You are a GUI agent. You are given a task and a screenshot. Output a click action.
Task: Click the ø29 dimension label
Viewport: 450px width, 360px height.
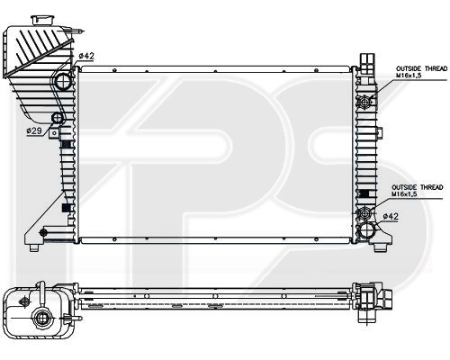(x=33, y=130)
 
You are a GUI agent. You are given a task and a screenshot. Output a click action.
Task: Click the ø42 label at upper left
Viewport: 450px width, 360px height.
(x=86, y=56)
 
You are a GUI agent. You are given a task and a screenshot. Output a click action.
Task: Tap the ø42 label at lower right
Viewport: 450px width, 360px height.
(x=391, y=216)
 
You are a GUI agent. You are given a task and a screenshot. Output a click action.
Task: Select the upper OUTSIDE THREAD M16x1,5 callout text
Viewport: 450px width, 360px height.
(x=421, y=72)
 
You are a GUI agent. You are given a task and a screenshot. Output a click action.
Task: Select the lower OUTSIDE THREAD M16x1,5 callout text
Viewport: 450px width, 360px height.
(x=417, y=191)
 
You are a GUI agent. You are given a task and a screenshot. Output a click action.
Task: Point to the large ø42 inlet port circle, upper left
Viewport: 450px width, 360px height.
(x=63, y=81)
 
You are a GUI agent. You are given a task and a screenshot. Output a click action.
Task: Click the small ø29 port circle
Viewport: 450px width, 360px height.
(x=58, y=118)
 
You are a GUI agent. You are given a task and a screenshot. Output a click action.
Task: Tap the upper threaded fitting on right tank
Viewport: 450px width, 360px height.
(x=364, y=102)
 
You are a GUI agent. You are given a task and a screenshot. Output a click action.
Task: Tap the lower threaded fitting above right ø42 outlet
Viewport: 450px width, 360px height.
(x=364, y=213)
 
